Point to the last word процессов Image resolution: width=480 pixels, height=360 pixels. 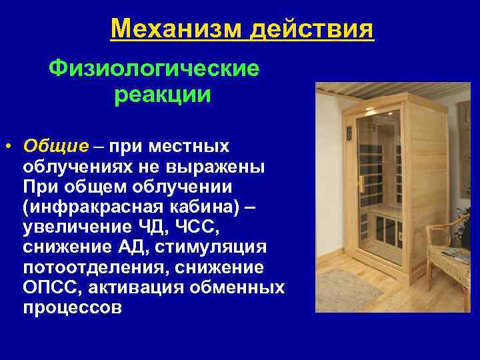[72, 309]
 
